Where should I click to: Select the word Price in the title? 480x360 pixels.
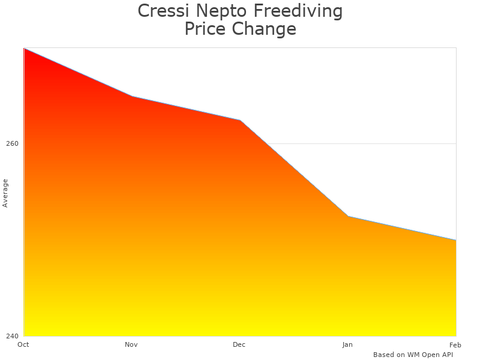click(x=205, y=29)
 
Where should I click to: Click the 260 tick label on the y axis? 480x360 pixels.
click(x=13, y=144)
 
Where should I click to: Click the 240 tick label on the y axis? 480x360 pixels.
click(x=13, y=336)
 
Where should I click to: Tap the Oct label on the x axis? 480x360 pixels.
click(x=23, y=345)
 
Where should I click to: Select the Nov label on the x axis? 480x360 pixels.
click(x=131, y=345)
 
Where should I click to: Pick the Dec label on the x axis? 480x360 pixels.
click(x=239, y=345)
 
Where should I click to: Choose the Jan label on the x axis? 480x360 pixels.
click(x=347, y=345)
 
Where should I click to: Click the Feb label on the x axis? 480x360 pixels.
click(x=455, y=345)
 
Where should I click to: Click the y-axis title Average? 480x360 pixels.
click(x=5, y=193)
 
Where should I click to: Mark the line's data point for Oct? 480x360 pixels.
click(x=24, y=48)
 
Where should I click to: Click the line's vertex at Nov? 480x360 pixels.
click(x=132, y=96)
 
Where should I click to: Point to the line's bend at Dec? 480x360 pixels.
click(x=240, y=120)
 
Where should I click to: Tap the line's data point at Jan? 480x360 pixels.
click(x=348, y=216)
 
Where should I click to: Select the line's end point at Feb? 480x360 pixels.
click(x=456, y=240)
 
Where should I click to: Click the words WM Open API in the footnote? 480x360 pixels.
click(x=430, y=355)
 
